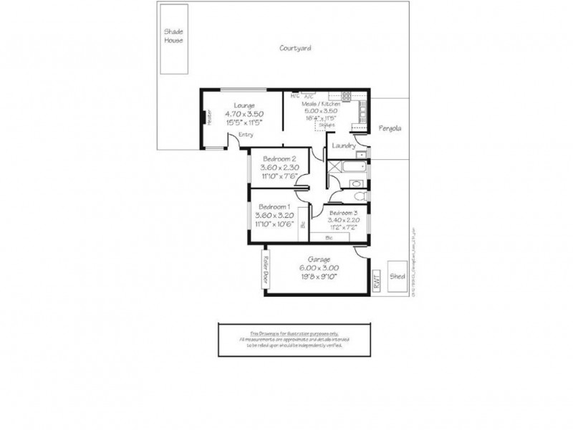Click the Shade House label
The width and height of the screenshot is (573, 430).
coord(173,37)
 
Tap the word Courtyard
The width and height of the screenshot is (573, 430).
coord(294,49)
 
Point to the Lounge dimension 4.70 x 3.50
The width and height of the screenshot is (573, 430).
coord(244,113)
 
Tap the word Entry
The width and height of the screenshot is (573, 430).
coord(246,134)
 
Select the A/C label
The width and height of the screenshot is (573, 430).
coord(309,96)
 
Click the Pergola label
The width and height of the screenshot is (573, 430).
coord(390,129)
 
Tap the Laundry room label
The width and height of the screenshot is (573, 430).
coord(345,146)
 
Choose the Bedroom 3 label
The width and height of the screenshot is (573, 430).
coord(344,213)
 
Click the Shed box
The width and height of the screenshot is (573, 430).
coord(396,275)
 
